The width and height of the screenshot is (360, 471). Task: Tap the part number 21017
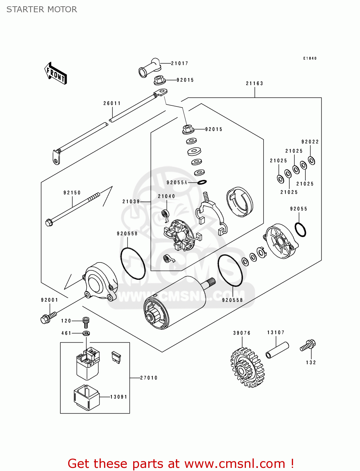(x=180, y=63)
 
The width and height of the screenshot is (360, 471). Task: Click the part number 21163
(x=254, y=84)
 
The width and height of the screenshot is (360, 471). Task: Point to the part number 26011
(x=112, y=103)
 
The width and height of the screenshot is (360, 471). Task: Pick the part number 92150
(x=72, y=193)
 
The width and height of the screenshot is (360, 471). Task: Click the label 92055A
(x=177, y=183)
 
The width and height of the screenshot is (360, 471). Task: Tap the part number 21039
(x=131, y=202)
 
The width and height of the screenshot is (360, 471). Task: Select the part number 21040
(x=166, y=197)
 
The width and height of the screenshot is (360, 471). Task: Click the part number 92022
(x=310, y=142)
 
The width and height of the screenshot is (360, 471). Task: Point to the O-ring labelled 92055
(x=300, y=230)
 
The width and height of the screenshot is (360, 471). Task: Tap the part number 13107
(x=276, y=333)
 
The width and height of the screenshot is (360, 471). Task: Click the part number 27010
(x=149, y=378)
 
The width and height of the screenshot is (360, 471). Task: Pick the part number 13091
(x=119, y=397)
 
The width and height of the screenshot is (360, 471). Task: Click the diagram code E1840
(x=310, y=58)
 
